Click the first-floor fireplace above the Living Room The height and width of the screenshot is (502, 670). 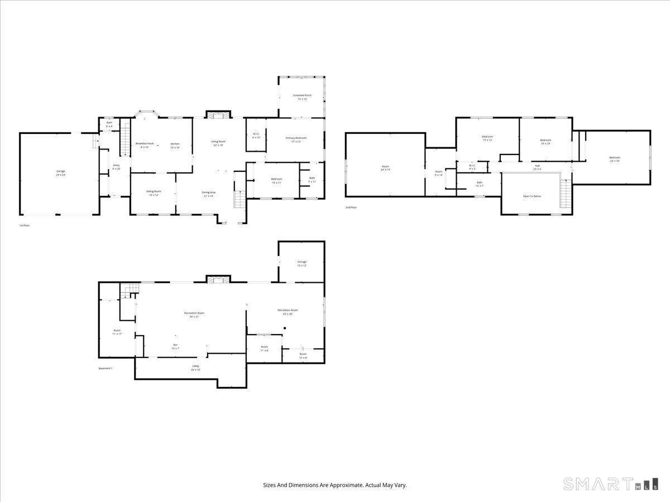point(218,114)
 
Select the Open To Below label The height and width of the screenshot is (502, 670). point(532,196)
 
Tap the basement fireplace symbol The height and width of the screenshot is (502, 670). point(218,279)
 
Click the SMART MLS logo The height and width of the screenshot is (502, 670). point(610,484)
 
